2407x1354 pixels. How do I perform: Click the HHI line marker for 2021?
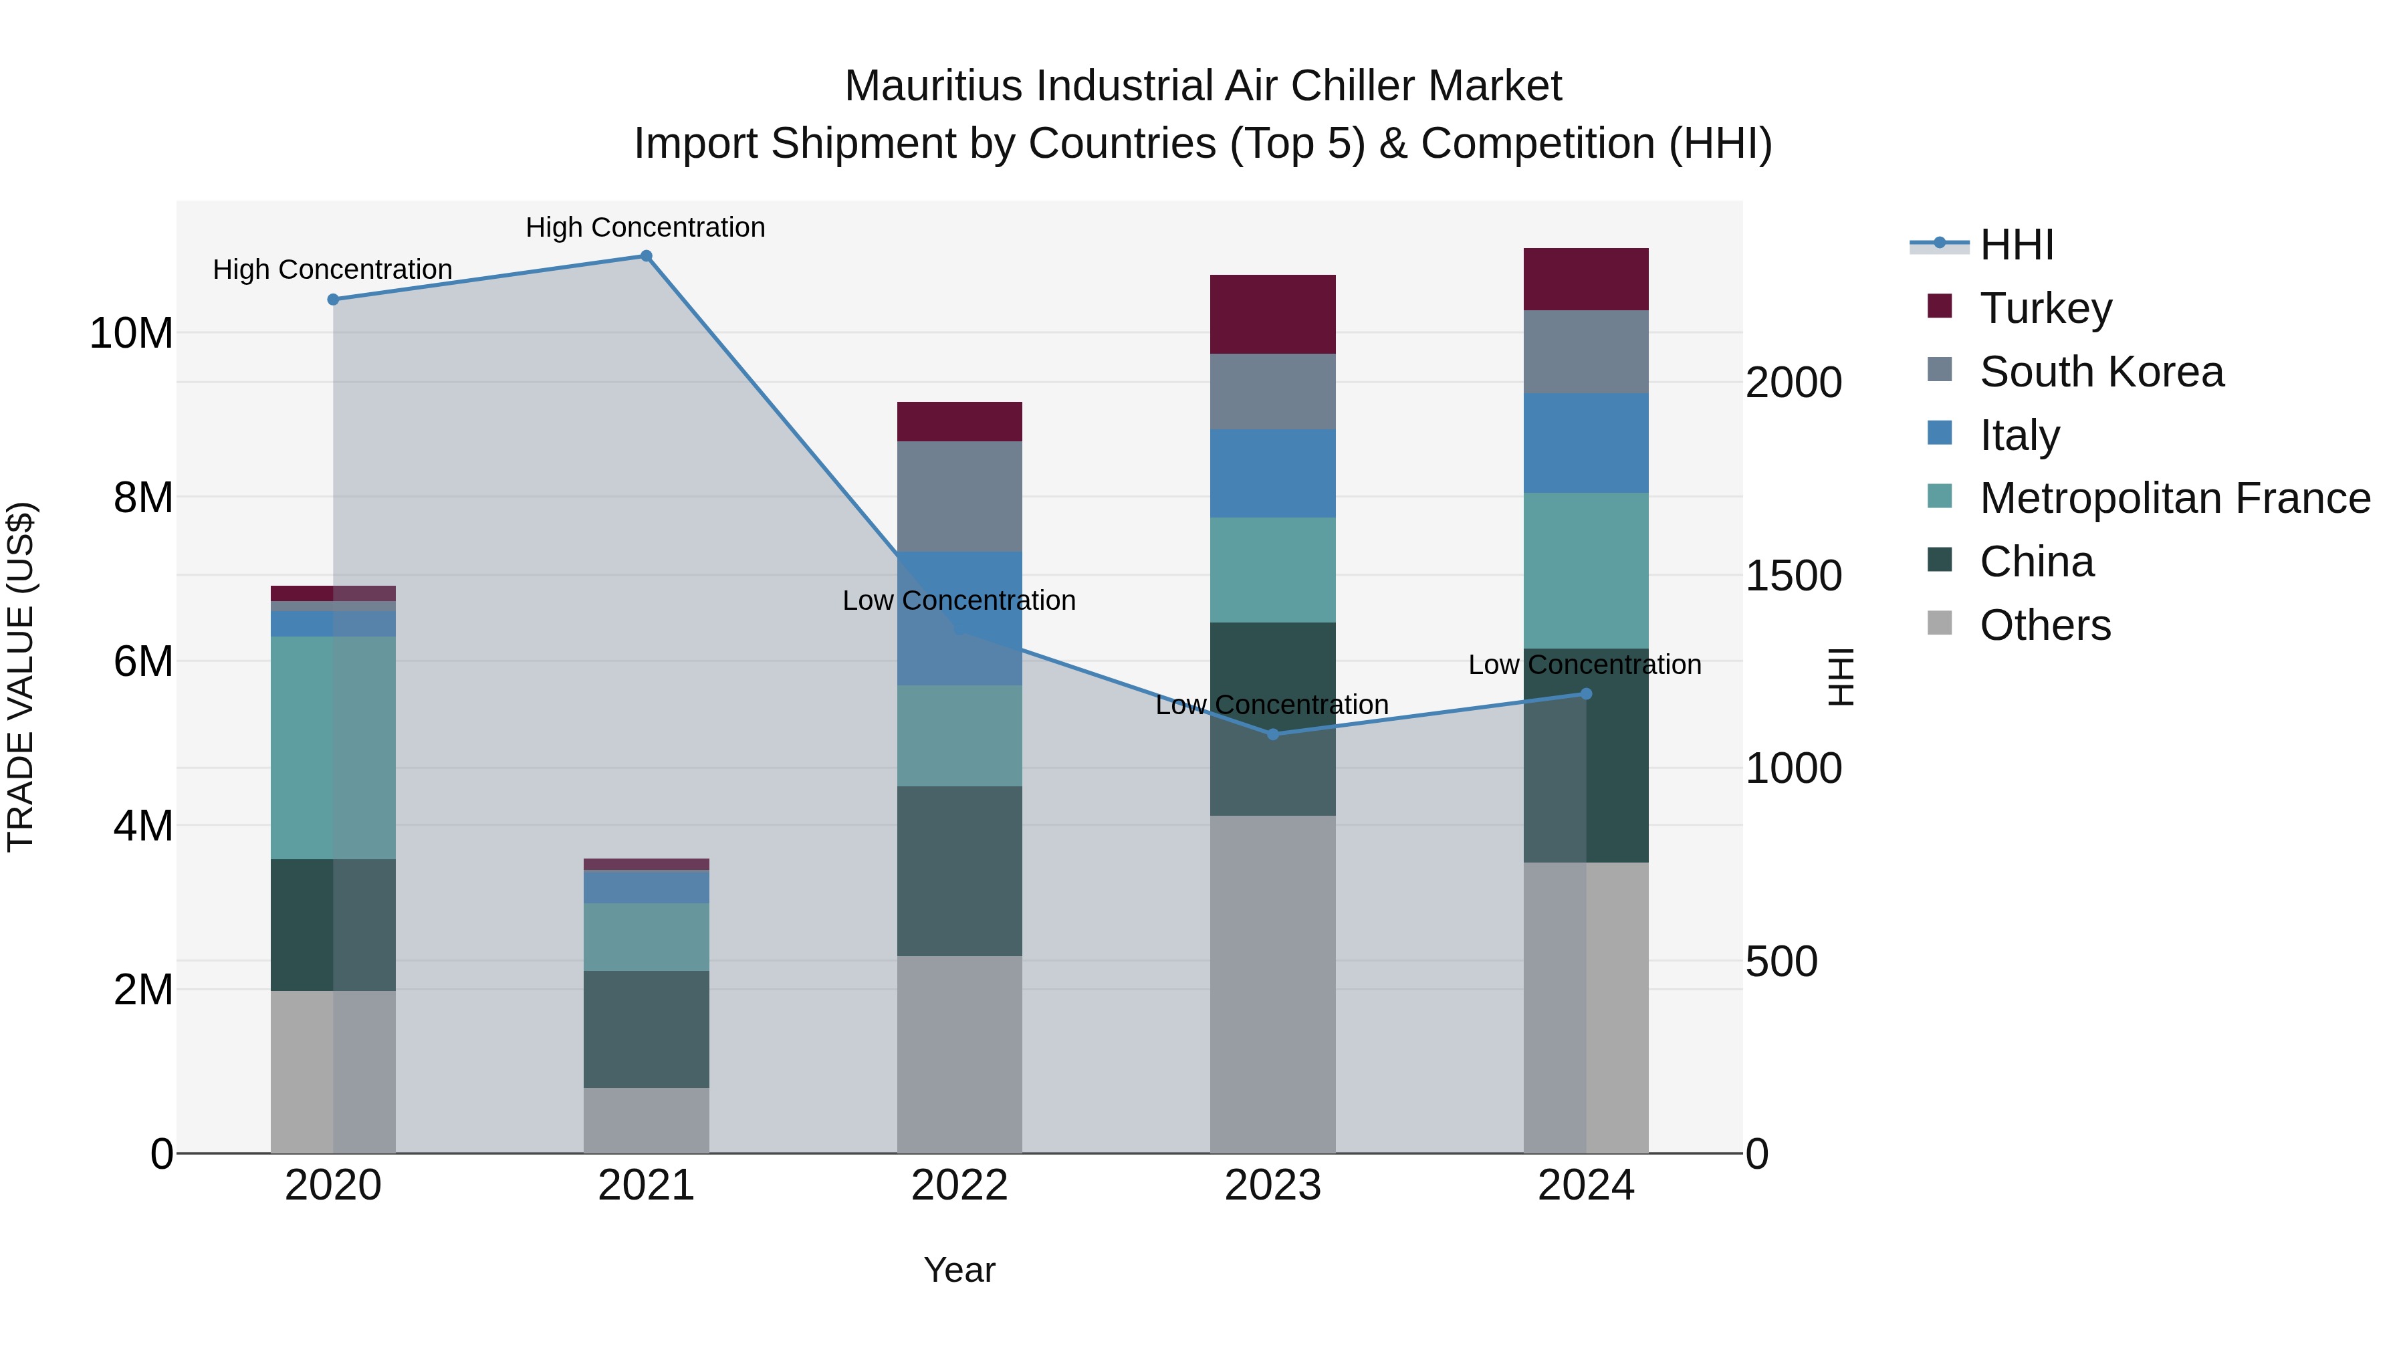click(646, 256)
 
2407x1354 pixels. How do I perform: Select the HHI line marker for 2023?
click(1272, 734)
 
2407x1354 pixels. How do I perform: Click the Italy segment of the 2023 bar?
click(1272, 474)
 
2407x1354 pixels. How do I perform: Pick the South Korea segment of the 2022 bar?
click(959, 496)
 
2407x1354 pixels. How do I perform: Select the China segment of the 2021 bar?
click(646, 1029)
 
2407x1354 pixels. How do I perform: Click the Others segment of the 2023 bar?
click(1272, 984)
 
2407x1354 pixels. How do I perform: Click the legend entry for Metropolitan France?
click(2174, 498)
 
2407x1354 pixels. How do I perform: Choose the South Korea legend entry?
click(2101, 372)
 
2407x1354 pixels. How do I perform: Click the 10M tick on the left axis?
click(131, 334)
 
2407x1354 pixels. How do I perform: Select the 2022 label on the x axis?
click(959, 1186)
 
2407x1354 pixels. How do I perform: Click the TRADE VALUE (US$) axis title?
click(21, 677)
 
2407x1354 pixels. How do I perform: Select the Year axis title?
click(959, 1270)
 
